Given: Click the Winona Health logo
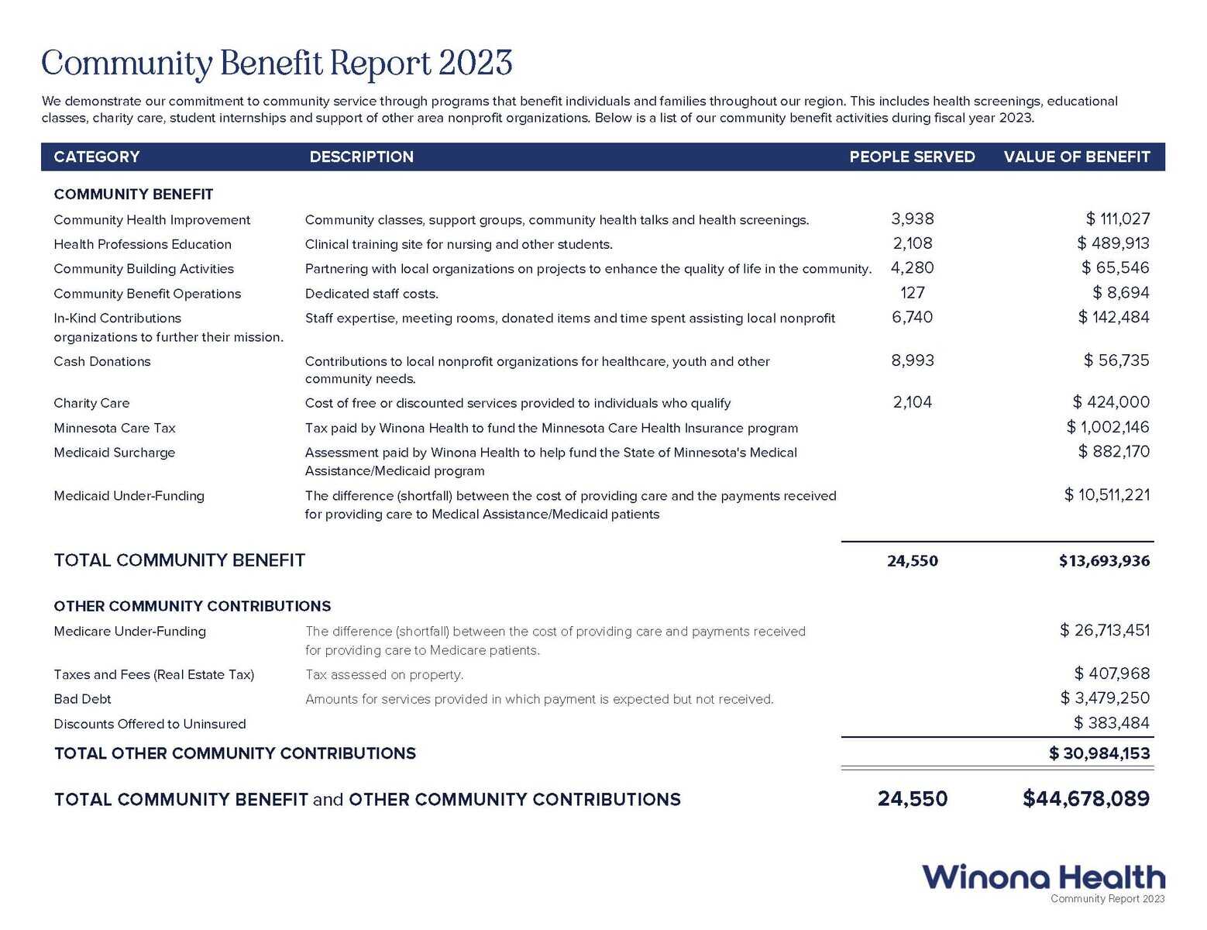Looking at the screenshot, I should point(1043,878).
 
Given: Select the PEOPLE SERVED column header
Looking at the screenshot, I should point(912,157).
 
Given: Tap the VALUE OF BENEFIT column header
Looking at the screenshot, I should point(1076,157).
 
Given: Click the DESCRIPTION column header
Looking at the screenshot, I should point(361,157).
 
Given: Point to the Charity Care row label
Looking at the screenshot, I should point(91,403).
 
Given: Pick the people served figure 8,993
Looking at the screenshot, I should point(913,360).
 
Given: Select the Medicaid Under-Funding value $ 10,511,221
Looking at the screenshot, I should point(1106,495).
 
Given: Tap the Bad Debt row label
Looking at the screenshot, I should point(82,699).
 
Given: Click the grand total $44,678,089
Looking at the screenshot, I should point(1086,799).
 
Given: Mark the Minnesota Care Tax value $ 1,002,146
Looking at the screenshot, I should point(1108,427).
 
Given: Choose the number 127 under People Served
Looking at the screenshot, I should point(913,293).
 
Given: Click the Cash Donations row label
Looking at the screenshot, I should point(102,362).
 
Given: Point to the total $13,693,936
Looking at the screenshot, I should point(1104,561).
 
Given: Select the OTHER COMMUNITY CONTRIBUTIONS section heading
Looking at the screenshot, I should point(192,606).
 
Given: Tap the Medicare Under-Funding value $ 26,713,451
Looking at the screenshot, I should point(1104,631).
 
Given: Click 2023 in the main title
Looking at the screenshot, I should point(475,64).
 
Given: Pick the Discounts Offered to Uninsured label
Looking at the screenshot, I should point(150,724).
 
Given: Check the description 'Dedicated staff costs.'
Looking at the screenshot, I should point(372,294).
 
